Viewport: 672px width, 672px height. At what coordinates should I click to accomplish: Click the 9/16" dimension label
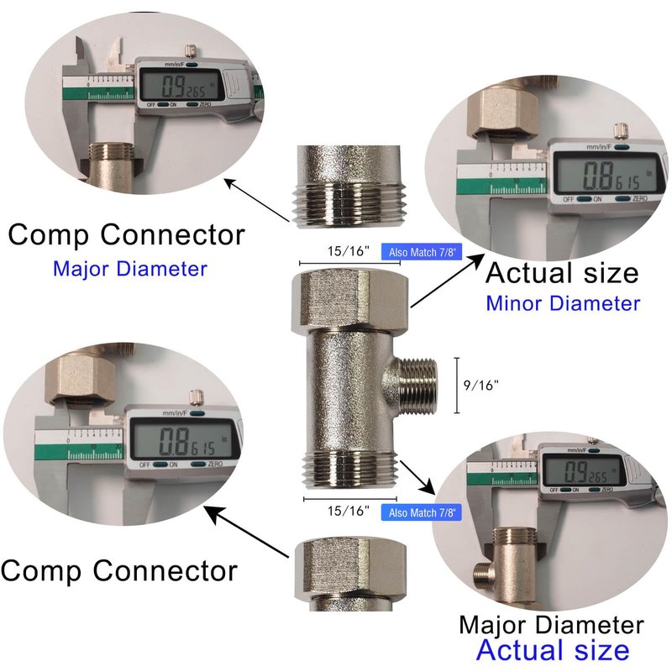pos(480,386)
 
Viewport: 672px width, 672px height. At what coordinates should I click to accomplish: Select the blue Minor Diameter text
pos(562,302)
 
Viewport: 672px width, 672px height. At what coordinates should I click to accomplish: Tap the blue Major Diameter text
pos(129,269)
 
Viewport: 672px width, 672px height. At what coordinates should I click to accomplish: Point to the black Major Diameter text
pos(551,625)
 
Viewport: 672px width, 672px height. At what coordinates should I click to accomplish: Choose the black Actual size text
pos(562,273)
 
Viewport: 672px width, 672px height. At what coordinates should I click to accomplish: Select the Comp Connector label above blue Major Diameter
pos(127,234)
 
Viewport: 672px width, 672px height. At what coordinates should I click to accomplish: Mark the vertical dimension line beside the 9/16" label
pos(456,386)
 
